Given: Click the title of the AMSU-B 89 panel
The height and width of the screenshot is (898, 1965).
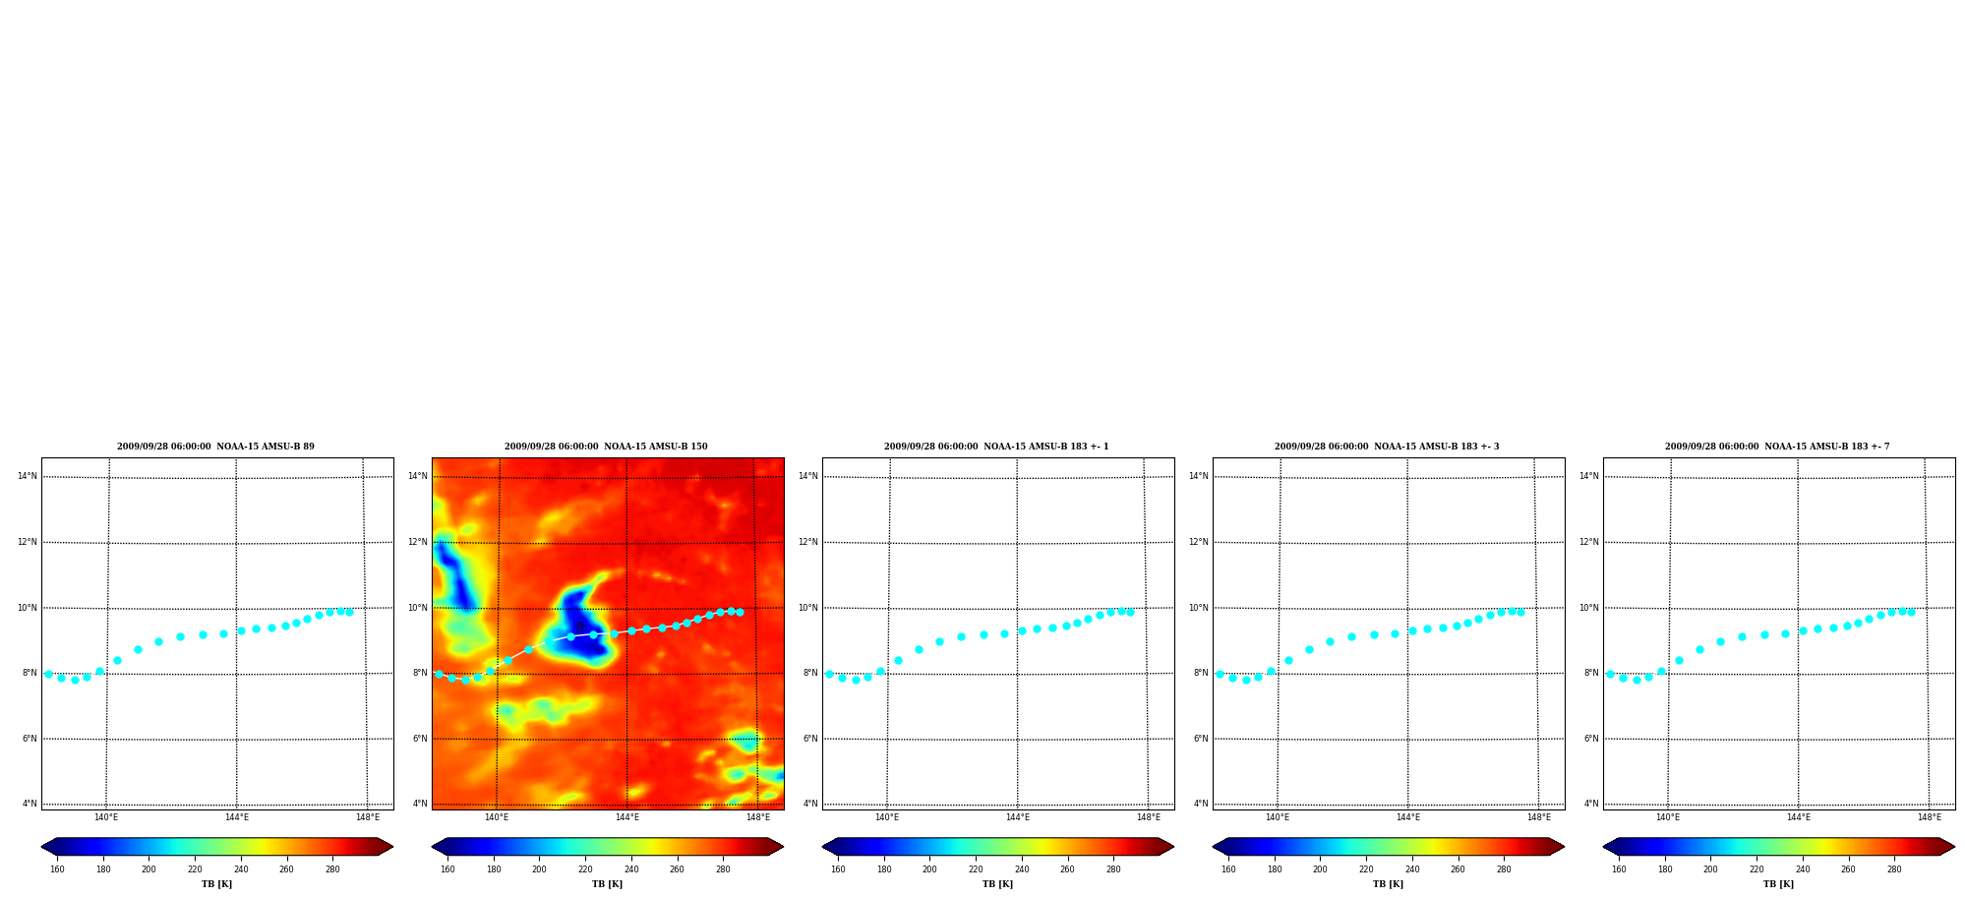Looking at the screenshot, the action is [215, 447].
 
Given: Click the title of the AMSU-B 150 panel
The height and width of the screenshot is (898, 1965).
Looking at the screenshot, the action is [606, 447].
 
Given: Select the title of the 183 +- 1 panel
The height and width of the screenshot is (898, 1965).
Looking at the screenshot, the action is [996, 447].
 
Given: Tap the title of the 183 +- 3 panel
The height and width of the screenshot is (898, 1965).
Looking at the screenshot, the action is [1387, 447].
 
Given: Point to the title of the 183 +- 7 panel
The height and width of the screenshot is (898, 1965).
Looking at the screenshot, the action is [1777, 447].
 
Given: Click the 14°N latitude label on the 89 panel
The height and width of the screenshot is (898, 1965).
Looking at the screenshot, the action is [28, 476].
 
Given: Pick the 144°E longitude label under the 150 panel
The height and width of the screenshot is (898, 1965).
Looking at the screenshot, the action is [627, 817].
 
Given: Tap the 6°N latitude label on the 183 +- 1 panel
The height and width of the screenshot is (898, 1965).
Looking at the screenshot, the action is [810, 739].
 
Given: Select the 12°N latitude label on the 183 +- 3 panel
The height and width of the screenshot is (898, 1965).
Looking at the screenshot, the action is [1199, 542].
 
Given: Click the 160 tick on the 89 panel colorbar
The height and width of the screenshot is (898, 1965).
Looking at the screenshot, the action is [57, 869].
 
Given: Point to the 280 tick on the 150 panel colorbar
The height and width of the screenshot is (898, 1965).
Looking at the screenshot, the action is [723, 869].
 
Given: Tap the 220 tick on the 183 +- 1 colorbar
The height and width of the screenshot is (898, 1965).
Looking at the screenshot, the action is [976, 869].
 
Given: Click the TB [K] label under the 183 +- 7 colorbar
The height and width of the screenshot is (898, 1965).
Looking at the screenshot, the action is [1778, 884].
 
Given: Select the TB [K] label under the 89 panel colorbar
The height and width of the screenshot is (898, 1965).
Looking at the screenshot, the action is [217, 884].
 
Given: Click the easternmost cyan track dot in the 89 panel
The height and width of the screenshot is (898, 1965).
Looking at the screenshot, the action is [349, 612].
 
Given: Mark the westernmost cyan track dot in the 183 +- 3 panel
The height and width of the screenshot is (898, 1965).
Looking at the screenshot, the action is [1220, 674].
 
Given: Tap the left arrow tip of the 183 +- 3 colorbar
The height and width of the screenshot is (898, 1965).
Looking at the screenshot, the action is [1213, 847].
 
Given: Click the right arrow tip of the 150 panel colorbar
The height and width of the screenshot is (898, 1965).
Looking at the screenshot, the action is [783, 847].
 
